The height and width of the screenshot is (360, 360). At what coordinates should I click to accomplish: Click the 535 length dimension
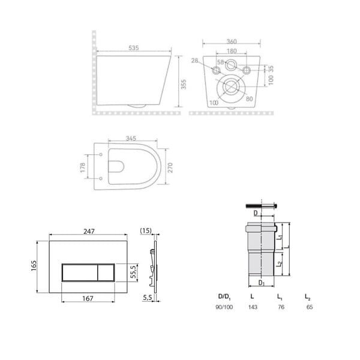pos(134,48)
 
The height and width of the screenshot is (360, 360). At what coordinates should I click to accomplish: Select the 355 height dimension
pos(184,84)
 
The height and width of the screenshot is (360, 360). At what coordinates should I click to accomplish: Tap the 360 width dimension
pos(232,41)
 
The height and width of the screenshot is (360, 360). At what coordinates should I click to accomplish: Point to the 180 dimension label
pos(232,51)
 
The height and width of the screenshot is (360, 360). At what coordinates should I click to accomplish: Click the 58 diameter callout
pos(220,62)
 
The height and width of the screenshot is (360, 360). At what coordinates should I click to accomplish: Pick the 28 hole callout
pos(194,61)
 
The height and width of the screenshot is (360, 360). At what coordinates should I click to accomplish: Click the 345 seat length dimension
pos(131,138)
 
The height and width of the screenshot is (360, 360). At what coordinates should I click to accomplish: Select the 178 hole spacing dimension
pos(83,167)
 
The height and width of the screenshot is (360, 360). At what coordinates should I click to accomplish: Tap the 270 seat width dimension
pos(170,167)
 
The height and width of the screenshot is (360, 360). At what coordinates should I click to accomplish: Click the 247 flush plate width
pos(89,231)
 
